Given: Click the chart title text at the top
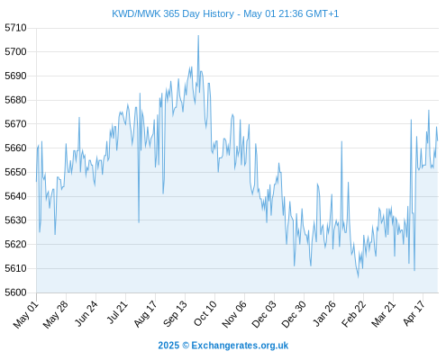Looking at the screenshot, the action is [225, 13].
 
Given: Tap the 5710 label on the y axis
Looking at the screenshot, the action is [15, 28].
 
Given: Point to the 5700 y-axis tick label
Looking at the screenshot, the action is [15, 52].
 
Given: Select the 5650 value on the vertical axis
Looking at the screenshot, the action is [15, 172].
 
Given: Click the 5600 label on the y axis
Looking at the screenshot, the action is [15, 292].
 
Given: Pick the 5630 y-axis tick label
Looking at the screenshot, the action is [15, 220].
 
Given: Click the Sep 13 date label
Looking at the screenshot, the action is [175, 314].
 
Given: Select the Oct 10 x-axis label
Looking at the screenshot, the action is [205, 313].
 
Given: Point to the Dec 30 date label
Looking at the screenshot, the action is [294, 314].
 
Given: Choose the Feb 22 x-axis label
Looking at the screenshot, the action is [354, 314].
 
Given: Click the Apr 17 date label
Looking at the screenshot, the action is [414, 313].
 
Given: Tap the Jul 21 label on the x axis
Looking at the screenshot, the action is [117, 312].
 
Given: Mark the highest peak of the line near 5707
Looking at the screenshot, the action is [198, 36].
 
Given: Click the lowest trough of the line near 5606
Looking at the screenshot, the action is [358, 277].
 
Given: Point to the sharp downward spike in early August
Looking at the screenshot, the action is [139, 222].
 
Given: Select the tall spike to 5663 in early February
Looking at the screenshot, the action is [341, 141].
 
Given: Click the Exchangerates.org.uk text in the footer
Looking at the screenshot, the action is [240, 346].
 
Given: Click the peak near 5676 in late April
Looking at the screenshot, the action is [429, 111].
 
